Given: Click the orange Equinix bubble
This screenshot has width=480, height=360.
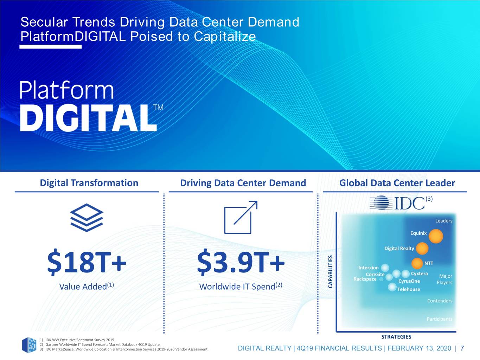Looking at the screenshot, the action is [x=436, y=236].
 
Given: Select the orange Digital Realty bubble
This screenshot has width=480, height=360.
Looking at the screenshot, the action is [x=422, y=249].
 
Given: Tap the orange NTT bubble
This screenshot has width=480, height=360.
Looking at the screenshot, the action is [x=417, y=263].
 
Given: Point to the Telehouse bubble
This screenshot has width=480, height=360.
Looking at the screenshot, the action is [x=392, y=287].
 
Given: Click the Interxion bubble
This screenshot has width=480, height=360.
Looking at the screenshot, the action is [x=385, y=268].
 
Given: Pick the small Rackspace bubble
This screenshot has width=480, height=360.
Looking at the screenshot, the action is [x=381, y=279].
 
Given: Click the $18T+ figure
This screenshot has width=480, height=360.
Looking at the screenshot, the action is [x=87, y=262].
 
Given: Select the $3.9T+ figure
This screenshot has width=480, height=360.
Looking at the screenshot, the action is [x=241, y=262].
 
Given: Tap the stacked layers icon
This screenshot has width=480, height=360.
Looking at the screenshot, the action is [x=87, y=218].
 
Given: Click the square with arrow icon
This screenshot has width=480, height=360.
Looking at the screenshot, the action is [x=241, y=217].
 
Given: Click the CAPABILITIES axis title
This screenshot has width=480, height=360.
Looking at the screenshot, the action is [x=330, y=271].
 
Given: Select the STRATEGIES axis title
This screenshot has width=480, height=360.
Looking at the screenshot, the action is [x=396, y=337].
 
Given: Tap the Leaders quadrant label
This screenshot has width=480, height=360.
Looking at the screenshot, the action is [x=444, y=221].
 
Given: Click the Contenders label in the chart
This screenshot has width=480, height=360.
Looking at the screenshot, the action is [x=440, y=301].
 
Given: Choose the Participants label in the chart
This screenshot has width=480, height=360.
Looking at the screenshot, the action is [x=439, y=319].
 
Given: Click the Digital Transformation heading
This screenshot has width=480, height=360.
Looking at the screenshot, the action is [x=89, y=183].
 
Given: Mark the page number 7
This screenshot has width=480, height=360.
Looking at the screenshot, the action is [x=462, y=348].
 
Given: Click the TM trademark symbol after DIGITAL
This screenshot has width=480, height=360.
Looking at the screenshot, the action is [x=158, y=107].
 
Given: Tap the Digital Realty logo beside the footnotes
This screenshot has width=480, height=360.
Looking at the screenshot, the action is [x=29, y=345].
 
